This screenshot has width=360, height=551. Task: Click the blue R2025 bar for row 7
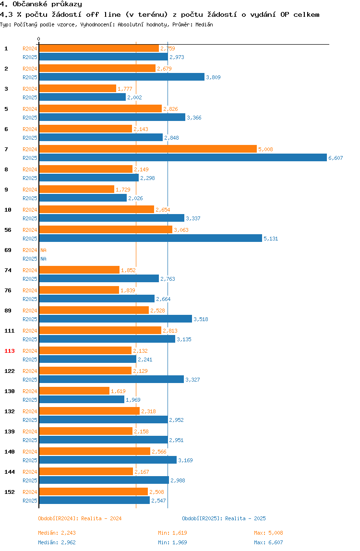183,158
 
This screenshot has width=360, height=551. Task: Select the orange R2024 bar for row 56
106,230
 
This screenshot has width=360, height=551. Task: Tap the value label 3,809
214,77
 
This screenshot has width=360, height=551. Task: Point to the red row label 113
10,351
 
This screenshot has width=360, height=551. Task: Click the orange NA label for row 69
43,250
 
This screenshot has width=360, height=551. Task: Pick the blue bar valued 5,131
150,238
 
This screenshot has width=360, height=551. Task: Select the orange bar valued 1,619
74,391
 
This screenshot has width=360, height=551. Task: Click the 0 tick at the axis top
39,39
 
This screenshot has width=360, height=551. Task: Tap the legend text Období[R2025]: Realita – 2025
224,518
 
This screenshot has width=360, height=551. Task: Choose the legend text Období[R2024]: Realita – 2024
80,518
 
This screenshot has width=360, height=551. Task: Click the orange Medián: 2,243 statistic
57,533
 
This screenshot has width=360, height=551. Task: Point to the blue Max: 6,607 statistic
268,542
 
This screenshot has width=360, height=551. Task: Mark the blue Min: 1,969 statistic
172,542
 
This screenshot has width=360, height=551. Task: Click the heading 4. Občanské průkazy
41,4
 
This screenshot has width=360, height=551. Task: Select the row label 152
10,492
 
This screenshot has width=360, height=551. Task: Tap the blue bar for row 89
116,319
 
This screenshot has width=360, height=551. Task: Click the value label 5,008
265,149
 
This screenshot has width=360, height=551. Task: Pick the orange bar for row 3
77,88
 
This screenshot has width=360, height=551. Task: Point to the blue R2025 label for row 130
30,400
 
